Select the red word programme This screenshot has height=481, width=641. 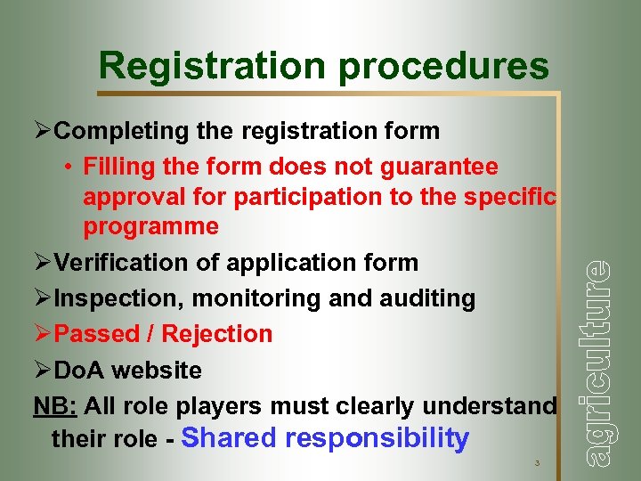[x=150, y=227]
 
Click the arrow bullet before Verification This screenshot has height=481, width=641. [x=43, y=263]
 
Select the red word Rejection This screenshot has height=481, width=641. [x=215, y=334]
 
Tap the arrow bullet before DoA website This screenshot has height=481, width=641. [x=43, y=370]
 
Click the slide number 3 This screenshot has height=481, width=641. [x=537, y=463]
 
